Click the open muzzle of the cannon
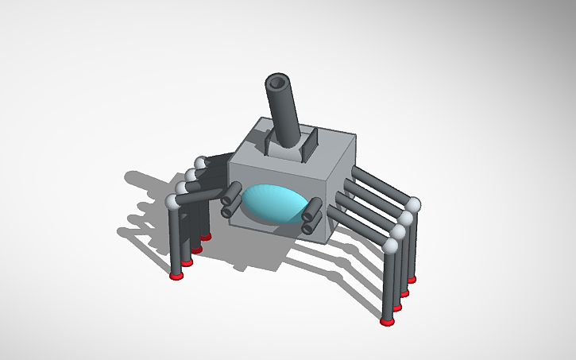(278, 82)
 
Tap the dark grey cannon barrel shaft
(285, 115)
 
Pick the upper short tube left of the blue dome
(232, 192)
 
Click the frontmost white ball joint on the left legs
(172, 202)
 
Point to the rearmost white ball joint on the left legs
(200, 163)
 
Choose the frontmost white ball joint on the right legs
(390, 246)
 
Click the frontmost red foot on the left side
(176, 276)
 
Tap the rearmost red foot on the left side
(206, 237)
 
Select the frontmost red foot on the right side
(387, 323)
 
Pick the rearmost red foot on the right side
(412, 279)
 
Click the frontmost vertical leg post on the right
(389, 286)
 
